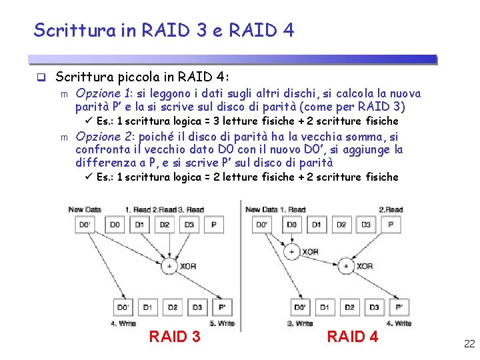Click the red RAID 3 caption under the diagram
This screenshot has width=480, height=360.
[174, 337]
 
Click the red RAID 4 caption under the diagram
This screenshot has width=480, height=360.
[352, 337]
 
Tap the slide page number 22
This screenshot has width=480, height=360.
[469, 344]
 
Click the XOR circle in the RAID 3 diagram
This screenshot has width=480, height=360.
[169, 266]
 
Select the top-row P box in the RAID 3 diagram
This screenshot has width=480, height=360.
[213, 225]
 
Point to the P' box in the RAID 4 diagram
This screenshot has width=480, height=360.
[399, 307]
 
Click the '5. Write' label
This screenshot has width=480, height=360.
[222, 323]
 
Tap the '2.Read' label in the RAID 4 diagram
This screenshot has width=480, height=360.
[391, 210]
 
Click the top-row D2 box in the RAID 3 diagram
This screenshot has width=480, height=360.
[164, 225]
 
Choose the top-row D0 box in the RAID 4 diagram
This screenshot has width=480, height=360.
[292, 225]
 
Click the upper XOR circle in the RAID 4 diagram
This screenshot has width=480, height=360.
[291, 252]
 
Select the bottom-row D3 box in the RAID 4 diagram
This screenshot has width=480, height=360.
[374, 307]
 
